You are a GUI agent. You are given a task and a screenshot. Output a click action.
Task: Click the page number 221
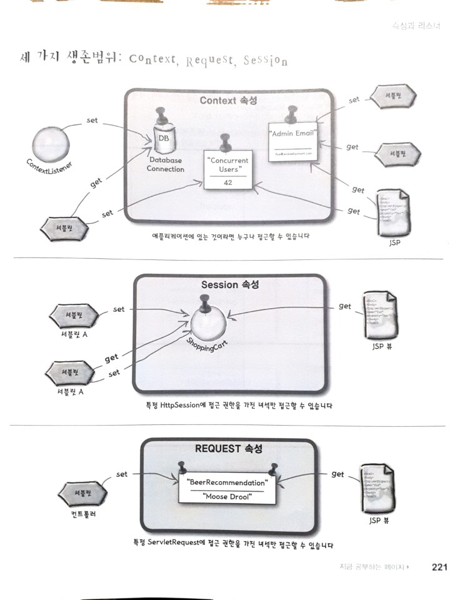pyautogui.click(x=440, y=568)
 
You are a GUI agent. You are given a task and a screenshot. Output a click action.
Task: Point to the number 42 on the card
pyautogui.click(x=227, y=182)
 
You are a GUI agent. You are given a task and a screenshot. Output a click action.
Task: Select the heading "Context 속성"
pyautogui.click(x=229, y=101)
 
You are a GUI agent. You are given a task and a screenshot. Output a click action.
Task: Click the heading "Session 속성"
pyautogui.click(x=230, y=285)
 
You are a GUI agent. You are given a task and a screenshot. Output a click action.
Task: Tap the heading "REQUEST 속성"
pyautogui.click(x=229, y=449)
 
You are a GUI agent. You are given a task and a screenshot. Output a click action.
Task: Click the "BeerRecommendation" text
pyautogui.click(x=227, y=482)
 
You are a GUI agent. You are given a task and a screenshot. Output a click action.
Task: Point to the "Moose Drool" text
pyautogui.click(x=227, y=497)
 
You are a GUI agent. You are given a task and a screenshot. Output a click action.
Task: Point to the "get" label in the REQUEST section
pyautogui.click(x=337, y=474)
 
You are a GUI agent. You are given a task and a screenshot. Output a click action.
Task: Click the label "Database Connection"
pyautogui.click(x=166, y=165)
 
